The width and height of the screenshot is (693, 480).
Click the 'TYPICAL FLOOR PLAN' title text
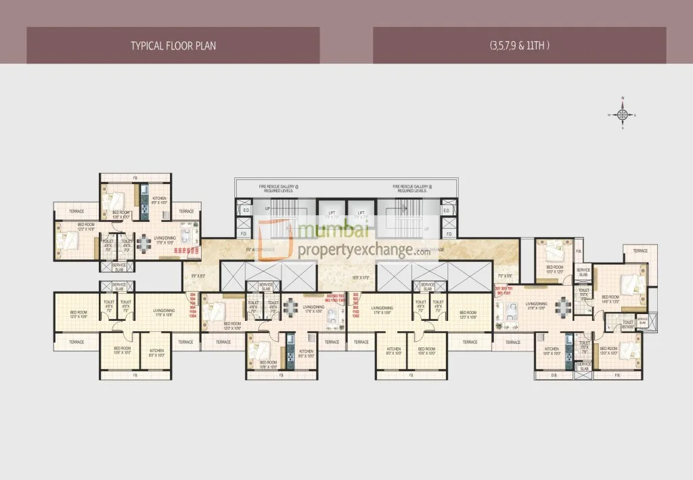(x=173, y=46)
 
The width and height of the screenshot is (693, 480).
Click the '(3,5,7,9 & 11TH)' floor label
(x=519, y=46)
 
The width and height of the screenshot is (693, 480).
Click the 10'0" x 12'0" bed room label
(x=554, y=269)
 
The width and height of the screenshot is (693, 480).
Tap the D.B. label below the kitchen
(x=554, y=374)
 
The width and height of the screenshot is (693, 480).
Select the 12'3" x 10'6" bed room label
(x=78, y=314)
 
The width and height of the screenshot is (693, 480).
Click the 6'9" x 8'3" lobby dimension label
(x=198, y=277)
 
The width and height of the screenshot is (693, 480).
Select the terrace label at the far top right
(x=640, y=250)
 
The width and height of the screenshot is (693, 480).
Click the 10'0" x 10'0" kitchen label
(x=551, y=351)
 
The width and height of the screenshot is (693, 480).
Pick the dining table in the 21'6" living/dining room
(x=561, y=309)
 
